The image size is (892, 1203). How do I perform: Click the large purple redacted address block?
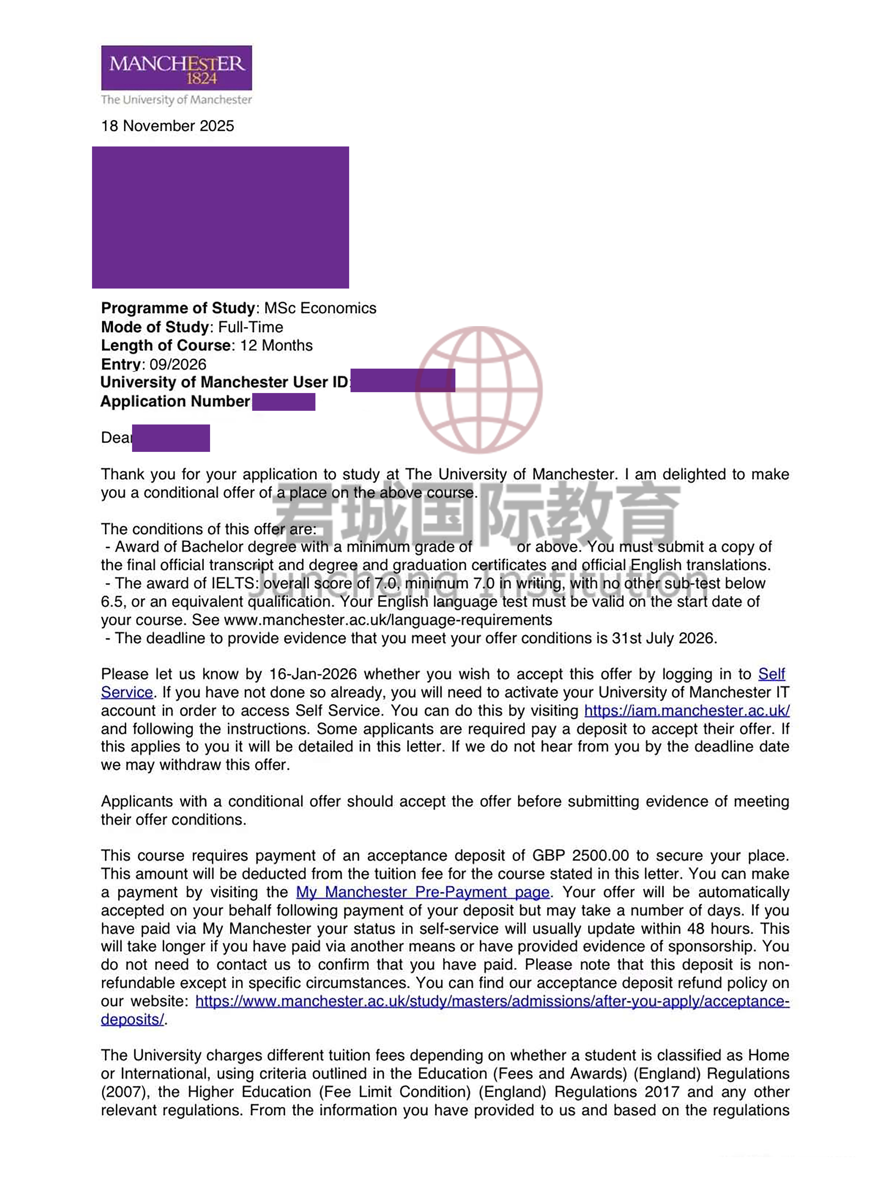coord(220,217)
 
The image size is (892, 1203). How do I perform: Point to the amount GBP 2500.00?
coord(580,856)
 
